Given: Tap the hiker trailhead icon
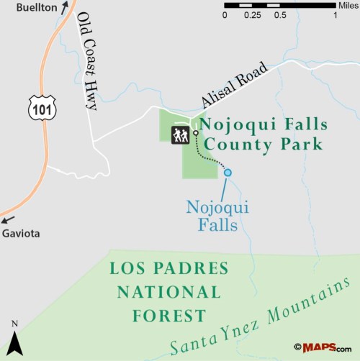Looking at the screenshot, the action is coord(179,135).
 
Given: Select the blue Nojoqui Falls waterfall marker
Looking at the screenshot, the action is coord(228,172).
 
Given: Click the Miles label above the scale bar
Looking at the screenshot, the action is coord(346,5).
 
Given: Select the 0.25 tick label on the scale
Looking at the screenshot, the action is coord(252,15).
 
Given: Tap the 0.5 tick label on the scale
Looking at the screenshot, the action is coord(280,15).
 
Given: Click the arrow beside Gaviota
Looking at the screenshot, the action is coord(8,220).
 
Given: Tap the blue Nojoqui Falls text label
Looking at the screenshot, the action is coord(217,216).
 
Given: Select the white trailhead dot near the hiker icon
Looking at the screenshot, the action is coord(195,132).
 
